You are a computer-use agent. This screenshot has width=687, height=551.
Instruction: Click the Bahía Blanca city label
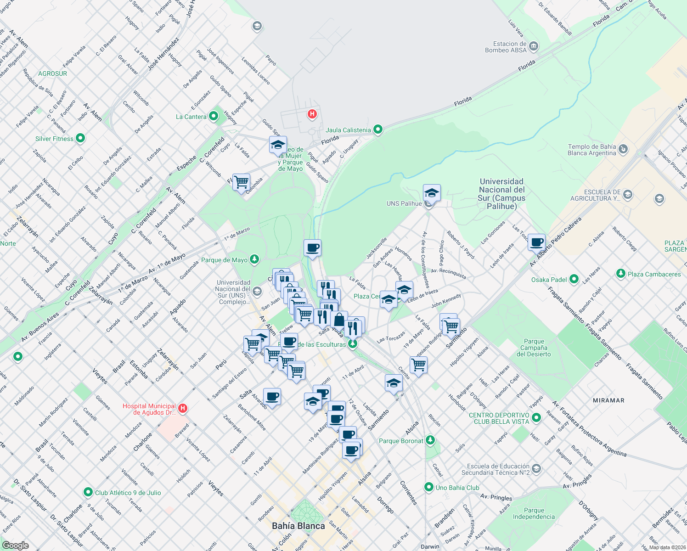pos(298,526)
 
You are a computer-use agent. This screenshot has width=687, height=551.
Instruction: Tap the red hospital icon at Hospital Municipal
pos(183,408)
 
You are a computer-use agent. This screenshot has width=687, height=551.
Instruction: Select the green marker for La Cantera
pos(214,116)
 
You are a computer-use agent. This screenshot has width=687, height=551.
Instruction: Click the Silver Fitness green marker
pos(80,138)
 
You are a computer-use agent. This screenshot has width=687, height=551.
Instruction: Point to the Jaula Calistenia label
pos(348,130)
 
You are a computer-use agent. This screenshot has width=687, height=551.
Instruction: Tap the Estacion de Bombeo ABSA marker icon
pos(534,46)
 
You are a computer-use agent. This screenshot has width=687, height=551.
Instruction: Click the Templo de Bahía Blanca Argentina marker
pos(623,149)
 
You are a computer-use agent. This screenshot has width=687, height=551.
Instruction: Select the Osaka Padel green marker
pos(574,279)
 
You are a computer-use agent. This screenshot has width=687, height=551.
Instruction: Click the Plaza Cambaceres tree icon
pos(621,274)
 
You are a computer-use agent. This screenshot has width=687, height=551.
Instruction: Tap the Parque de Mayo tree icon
pos(254,259)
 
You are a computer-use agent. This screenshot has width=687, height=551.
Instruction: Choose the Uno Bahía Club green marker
pos(429,487)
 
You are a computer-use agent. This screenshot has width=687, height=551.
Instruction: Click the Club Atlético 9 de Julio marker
pos(88,492)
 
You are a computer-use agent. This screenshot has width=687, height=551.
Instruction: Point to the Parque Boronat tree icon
pos(430,440)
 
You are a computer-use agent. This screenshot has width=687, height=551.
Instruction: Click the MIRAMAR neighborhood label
pos(608,400)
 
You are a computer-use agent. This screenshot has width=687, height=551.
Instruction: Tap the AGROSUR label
pos(52,73)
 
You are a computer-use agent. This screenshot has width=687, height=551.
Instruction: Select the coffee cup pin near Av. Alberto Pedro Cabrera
pos(536,242)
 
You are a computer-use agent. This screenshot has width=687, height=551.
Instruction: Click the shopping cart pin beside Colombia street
pos(241,182)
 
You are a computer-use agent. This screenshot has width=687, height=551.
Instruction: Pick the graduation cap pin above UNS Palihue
pos(431,192)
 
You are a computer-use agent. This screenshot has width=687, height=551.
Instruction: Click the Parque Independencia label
pos(534,513)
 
